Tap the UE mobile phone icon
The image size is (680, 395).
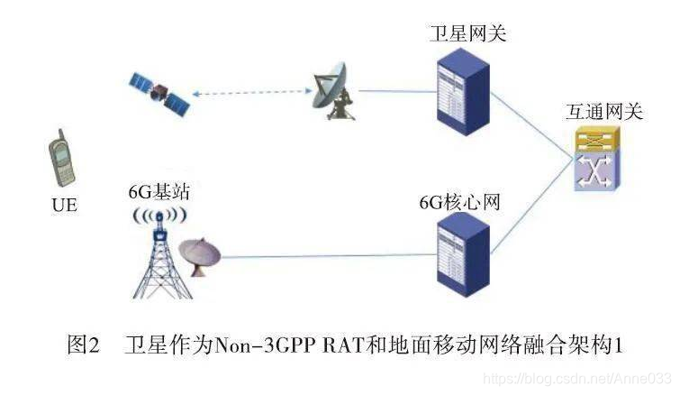coord(61,162)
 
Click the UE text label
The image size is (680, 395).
coord(63,206)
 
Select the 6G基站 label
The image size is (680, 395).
coord(159,192)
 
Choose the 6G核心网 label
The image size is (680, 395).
coord(458,200)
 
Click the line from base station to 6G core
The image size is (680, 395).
coord(324,257)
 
